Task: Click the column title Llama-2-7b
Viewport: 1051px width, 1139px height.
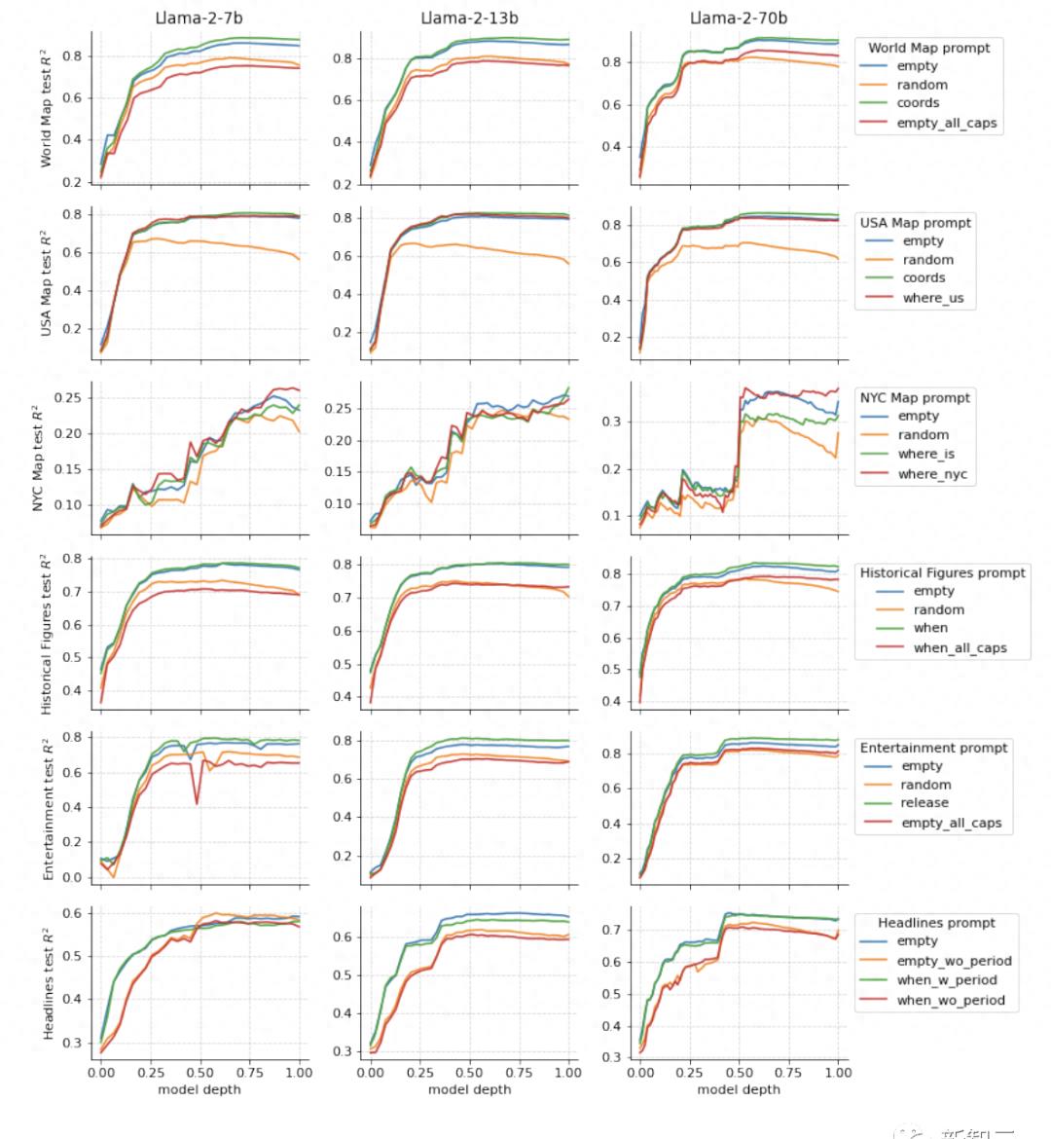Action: [199, 18]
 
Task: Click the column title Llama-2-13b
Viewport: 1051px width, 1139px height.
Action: [469, 18]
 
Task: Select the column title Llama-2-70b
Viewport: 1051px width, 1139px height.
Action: [739, 18]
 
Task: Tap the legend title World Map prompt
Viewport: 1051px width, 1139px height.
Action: [928, 48]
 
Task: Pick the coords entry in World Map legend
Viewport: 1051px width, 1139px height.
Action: [918, 103]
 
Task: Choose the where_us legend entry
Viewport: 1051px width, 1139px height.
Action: [932, 298]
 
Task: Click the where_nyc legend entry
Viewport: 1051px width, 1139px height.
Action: [932, 474]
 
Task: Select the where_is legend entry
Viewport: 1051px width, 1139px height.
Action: [925, 454]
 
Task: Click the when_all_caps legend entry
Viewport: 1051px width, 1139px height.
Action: [960, 648]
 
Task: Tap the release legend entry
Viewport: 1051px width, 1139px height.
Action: [924, 803]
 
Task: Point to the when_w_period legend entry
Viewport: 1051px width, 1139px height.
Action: [947, 980]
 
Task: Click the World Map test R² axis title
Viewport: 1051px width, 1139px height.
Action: [47, 112]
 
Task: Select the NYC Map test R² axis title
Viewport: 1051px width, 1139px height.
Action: [38, 458]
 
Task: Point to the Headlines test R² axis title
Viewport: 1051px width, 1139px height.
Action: [47, 983]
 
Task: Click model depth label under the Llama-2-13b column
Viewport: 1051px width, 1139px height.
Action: [469, 1089]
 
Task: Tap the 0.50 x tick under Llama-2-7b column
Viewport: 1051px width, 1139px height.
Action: [199, 1073]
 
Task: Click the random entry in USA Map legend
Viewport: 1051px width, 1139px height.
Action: [927, 260]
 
